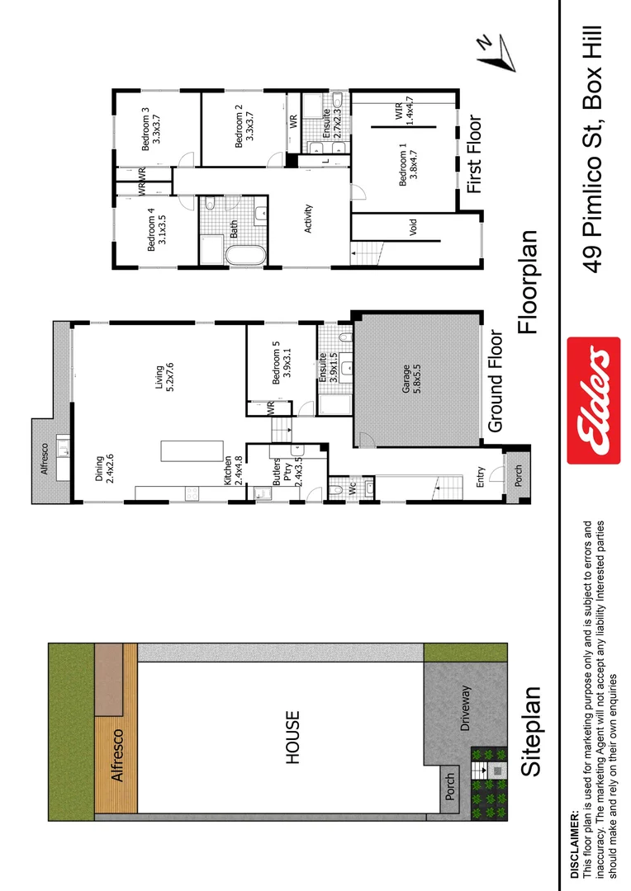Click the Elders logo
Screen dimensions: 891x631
coord(593,400)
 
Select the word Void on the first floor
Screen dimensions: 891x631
coord(414,226)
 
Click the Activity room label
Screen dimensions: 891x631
coord(309,218)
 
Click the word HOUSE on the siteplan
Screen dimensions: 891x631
coord(292,737)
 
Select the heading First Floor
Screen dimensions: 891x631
coord(474,154)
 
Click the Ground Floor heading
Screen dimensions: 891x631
coord(496,381)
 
